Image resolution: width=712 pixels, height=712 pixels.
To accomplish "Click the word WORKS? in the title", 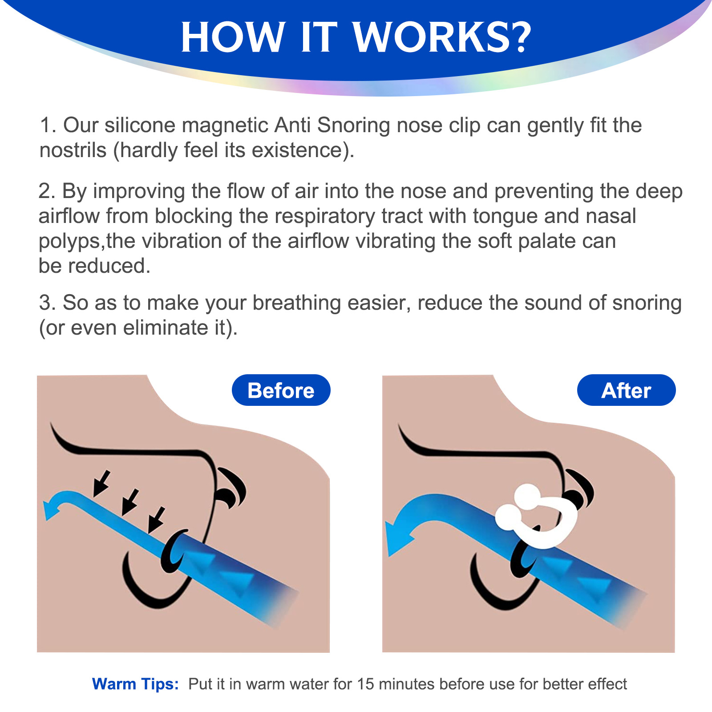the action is click(x=443, y=37).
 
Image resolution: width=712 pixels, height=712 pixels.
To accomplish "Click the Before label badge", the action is click(x=281, y=390).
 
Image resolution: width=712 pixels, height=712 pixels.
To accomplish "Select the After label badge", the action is click(x=626, y=390).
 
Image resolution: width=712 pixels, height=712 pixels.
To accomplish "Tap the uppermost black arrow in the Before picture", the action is click(x=102, y=483).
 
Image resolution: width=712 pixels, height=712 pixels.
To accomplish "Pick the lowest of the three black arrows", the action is click(x=156, y=520).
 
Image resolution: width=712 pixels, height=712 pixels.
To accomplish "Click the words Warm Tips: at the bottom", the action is click(x=135, y=684).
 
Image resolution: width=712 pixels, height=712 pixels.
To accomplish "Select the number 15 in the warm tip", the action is click(x=366, y=684).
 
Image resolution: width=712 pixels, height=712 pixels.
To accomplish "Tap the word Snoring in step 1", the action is click(x=353, y=126).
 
